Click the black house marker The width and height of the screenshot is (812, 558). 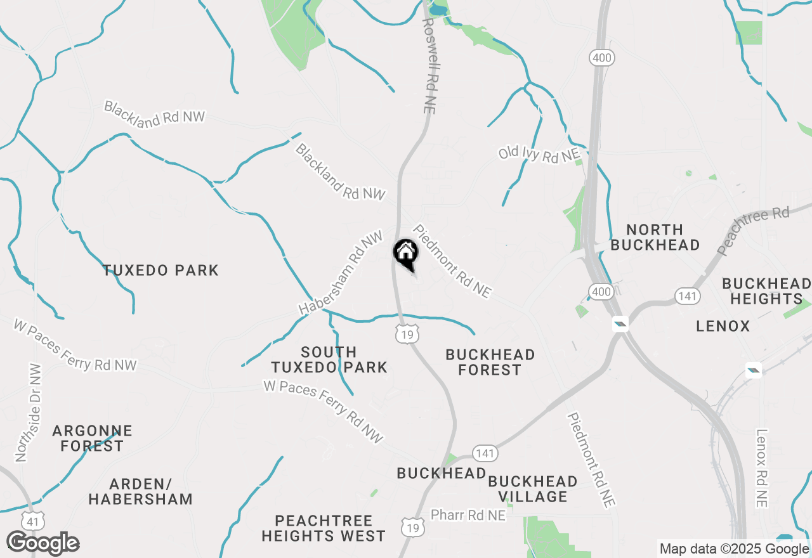coord(405,254)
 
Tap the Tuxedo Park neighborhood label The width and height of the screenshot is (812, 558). coord(161,271)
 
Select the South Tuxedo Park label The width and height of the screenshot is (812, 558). coord(329,360)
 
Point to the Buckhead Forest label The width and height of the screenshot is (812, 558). coord(490,362)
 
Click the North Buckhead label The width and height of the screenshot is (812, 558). coord(655,237)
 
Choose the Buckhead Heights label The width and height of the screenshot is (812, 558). coord(766,291)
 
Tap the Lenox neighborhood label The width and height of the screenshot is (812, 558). coord(723,327)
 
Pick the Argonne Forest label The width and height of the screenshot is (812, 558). coord(92,438)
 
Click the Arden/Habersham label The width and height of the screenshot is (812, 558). coord(140,491)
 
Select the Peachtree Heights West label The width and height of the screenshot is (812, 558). coord(324,528)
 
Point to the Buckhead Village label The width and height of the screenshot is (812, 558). coord(532,489)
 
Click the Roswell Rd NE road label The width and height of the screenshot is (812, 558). coord(429,65)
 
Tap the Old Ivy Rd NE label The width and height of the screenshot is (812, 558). coord(539,154)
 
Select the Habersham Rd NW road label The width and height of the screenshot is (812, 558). coord(341,273)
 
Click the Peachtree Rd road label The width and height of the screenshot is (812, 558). coord(753,230)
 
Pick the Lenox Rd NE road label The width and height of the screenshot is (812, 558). coord(762,468)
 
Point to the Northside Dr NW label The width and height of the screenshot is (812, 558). coord(28,413)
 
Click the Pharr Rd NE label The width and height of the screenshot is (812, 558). coord(468,516)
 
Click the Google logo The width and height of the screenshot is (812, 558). coord(43,543)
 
